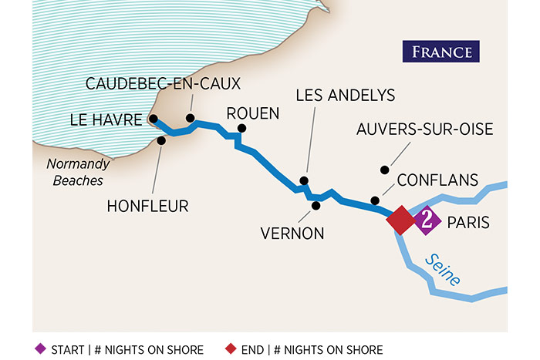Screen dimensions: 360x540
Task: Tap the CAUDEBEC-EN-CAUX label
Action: (x=163, y=83)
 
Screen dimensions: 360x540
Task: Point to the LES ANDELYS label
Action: (x=346, y=95)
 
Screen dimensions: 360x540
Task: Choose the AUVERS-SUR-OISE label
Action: (x=424, y=129)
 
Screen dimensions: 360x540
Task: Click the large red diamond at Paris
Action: (x=401, y=220)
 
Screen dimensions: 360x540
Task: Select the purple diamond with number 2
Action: (x=427, y=221)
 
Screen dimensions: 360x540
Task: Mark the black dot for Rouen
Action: (x=241, y=129)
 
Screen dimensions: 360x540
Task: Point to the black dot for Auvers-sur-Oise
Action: (x=380, y=170)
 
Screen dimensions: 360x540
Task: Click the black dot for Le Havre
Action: (x=154, y=119)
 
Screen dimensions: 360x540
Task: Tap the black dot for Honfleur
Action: (x=161, y=140)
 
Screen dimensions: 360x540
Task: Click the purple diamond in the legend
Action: (x=41, y=349)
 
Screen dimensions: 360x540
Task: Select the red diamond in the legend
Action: (x=231, y=349)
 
